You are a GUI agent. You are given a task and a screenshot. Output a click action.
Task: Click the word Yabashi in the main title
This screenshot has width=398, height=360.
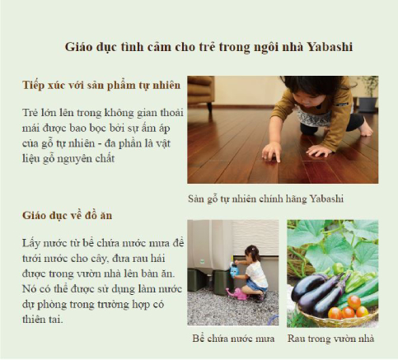pyautogui.click(x=330, y=47)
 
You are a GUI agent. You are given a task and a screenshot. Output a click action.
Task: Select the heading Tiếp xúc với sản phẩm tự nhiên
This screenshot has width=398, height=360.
pyautogui.click(x=101, y=85)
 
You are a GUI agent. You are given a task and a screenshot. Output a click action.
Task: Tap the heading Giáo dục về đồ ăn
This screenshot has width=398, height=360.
pyautogui.click(x=67, y=215)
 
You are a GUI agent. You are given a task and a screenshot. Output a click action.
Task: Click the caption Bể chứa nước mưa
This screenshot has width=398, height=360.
pyautogui.click(x=233, y=339)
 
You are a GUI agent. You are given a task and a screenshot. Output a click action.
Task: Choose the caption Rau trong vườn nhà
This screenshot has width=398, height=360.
pyautogui.click(x=330, y=339)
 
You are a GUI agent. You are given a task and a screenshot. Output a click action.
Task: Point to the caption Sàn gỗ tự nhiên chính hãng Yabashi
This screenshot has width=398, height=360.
pyautogui.click(x=265, y=199)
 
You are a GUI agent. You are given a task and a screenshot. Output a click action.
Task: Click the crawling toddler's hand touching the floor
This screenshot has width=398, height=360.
pyautogui.click(x=272, y=152)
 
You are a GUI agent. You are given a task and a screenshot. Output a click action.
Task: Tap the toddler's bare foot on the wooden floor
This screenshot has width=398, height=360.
pyautogui.click(x=366, y=129)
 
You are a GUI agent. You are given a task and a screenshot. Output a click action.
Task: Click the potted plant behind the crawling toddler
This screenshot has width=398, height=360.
pyautogui.click(x=369, y=93)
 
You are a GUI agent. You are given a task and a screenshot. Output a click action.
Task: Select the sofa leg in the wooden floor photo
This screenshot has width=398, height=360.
pyautogui.click(x=209, y=107)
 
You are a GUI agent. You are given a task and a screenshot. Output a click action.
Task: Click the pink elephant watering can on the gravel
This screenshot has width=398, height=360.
pyautogui.click(x=236, y=293)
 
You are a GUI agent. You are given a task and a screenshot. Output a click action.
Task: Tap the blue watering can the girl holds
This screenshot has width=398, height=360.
pyautogui.click(x=234, y=270)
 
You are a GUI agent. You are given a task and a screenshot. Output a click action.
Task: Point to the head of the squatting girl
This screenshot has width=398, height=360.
pyautogui.click(x=252, y=253)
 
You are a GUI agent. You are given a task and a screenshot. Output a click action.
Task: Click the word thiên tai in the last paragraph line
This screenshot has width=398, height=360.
pyautogui.click(x=43, y=320)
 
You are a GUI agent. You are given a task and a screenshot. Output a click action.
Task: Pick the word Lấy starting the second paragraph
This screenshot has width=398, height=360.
pyautogui.click(x=30, y=243)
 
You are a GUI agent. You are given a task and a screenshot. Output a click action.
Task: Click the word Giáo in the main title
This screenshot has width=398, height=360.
pyautogui.click(x=78, y=47)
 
